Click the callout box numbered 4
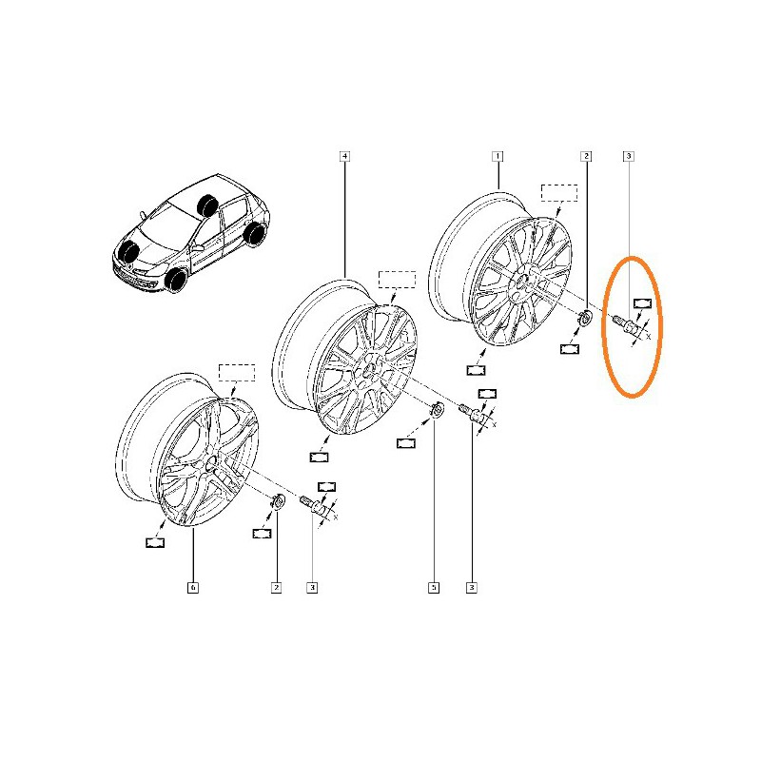coord(344,156)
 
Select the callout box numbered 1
coord(497,156)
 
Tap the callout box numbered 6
coord(193,588)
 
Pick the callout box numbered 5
coord(434,588)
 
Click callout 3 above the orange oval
coord(629,156)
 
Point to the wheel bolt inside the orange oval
coord(625,323)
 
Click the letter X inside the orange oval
coord(648,337)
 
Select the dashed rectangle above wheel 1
coord(559,193)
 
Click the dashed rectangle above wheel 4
coord(397,280)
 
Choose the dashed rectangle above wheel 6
coord(236,372)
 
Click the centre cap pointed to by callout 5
coord(437,410)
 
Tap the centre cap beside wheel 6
coord(279,501)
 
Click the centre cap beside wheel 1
coord(585,318)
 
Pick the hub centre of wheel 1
coord(522,281)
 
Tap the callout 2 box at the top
coord(586,156)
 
